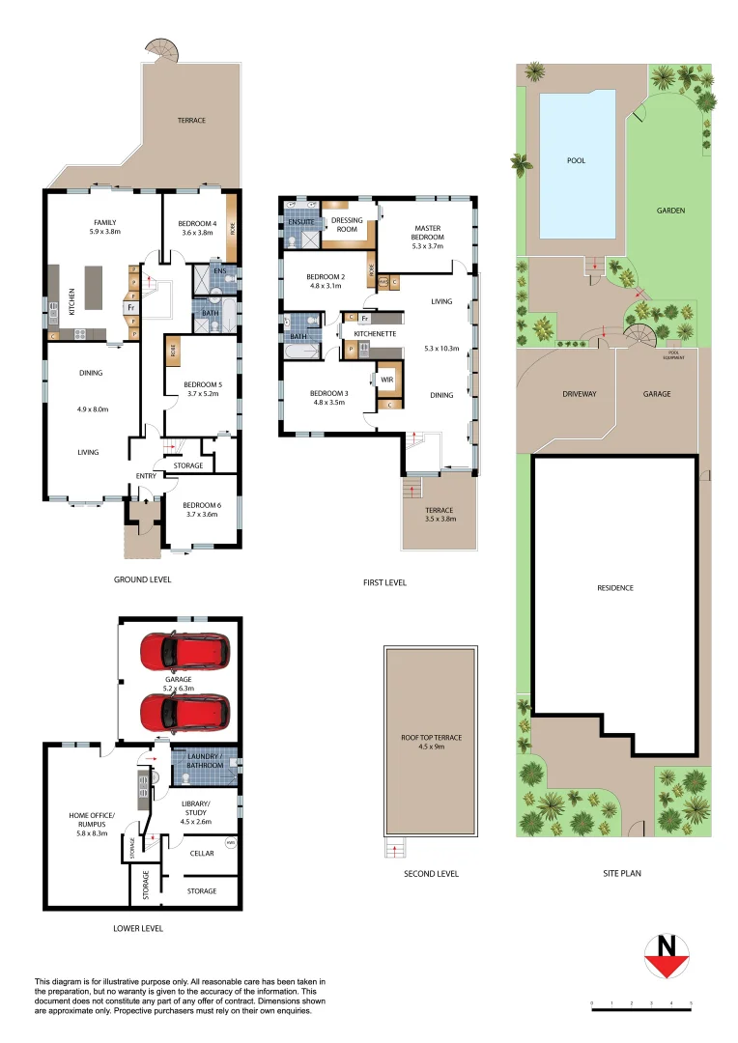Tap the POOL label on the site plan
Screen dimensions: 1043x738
576,160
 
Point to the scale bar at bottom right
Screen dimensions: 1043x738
641,1005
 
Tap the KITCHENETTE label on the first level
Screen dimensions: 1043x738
373,332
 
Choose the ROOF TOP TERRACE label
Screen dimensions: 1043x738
430,742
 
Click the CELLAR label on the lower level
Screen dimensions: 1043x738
202,853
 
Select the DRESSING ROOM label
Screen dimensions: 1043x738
346,225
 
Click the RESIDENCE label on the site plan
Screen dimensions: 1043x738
614,587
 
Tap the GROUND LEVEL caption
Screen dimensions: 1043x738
142,579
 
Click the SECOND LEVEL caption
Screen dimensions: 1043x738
431,873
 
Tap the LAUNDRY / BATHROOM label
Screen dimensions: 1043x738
203,761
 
